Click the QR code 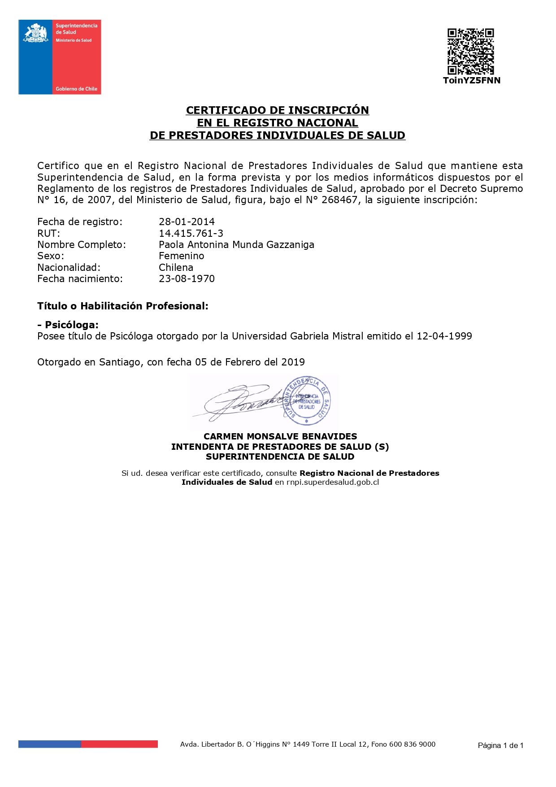pyautogui.click(x=470, y=52)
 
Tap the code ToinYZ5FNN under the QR pyautogui.click(x=471, y=81)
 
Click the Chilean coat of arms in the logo pyautogui.click(x=36, y=33)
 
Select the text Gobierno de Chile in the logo pyautogui.click(x=76, y=89)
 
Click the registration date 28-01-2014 pyautogui.click(x=187, y=222)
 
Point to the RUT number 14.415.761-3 pyautogui.click(x=191, y=233)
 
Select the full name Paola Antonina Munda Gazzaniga pyautogui.click(x=236, y=245)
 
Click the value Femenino pyautogui.click(x=181, y=256)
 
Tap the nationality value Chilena pyautogui.click(x=176, y=268)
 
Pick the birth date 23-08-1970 pyautogui.click(x=187, y=279)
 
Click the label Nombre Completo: pyautogui.click(x=82, y=245)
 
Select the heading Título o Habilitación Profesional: pyautogui.click(x=123, y=306)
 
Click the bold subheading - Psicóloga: pyautogui.click(x=68, y=325)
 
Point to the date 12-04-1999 pyautogui.click(x=444, y=336)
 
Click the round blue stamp pyautogui.click(x=307, y=400)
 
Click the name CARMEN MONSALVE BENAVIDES pyautogui.click(x=280, y=436)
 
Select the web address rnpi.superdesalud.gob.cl pyautogui.click(x=333, y=483)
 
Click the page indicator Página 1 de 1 pyautogui.click(x=500, y=745)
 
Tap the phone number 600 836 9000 pyautogui.click(x=412, y=744)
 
